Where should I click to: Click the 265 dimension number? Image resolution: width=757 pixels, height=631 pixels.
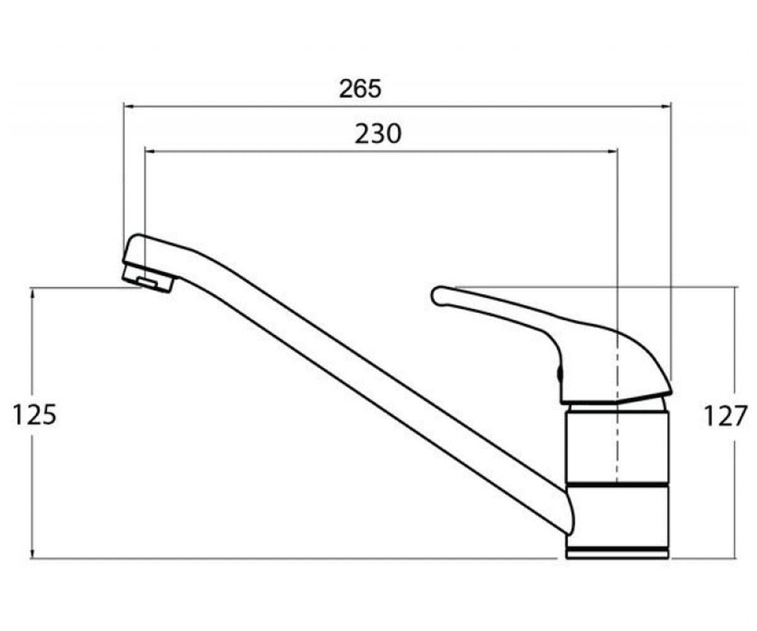[360, 89]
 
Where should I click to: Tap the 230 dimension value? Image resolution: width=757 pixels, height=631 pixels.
[378, 134]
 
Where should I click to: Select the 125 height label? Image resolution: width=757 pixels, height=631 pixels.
[35, 415]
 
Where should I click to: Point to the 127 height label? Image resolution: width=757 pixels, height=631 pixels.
[725, 416]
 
